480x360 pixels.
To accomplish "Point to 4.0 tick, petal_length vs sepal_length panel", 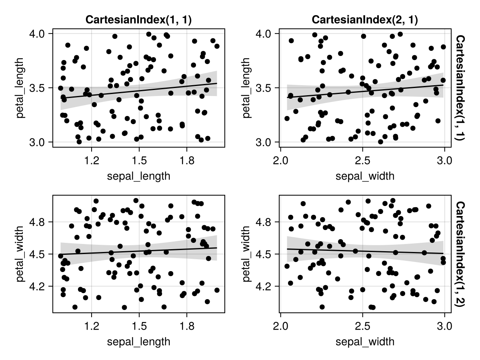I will pyautogui.click(x=39, y=34).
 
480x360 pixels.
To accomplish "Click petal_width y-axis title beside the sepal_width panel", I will pyautogui.click(x=247, y=254).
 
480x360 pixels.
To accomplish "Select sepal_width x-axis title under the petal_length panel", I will pyautogui.click(x=365, y=176).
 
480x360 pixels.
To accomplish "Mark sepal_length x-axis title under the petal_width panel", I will pyautogui.click(x=138, y=342).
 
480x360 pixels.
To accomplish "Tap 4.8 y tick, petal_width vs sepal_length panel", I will pyautogui.click(x=39, y=222).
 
